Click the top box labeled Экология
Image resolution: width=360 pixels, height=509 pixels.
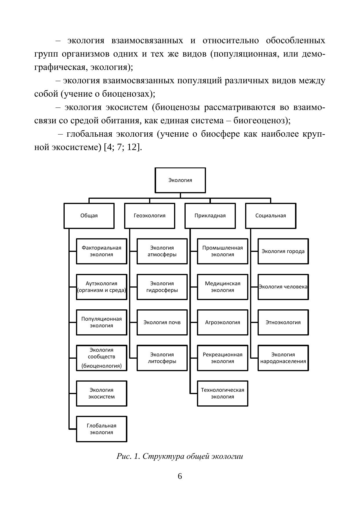click(x=180, y=180)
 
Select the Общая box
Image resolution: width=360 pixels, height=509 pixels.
click(x=89, y=216)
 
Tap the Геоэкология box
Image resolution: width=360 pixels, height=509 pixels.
click(x=149, y=216)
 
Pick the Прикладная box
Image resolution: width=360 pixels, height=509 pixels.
click(x=210, y=216)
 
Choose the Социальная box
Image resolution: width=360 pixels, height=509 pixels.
click(x=271, y=216)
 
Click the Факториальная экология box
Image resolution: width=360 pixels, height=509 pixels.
click(x=102, y=251)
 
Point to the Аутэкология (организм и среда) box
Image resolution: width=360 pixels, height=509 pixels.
click(x=102, y=287)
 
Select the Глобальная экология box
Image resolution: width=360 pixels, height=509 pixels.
click(x=102, y=429)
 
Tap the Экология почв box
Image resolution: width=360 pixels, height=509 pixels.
click(x=162, y=322)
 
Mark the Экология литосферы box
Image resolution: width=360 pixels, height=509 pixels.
click(x=162, y=358)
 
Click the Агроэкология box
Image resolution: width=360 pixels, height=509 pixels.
click(x=222, y=322)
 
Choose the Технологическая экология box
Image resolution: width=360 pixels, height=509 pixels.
click(x=222, y=394)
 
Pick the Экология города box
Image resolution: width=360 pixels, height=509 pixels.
click(x=283, y=251)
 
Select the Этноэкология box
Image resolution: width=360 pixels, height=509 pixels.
click(x=283, y=322)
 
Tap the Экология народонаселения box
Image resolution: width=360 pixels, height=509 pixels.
click(x=283, y=358)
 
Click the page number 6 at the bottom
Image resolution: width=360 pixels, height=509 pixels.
click(x=180, y=476)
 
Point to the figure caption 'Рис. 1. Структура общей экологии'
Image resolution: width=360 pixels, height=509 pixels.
click(x=180, y=456)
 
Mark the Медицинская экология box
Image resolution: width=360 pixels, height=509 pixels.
click(x=222, y=287)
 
